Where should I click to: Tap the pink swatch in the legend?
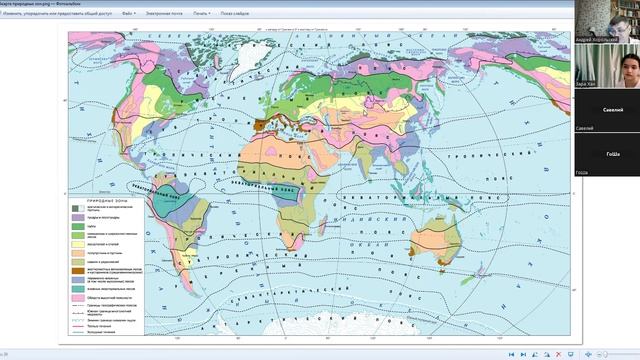tap(76, 298)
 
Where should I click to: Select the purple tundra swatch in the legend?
tap(76, 217)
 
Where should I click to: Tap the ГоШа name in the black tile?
tap(612, 154)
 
